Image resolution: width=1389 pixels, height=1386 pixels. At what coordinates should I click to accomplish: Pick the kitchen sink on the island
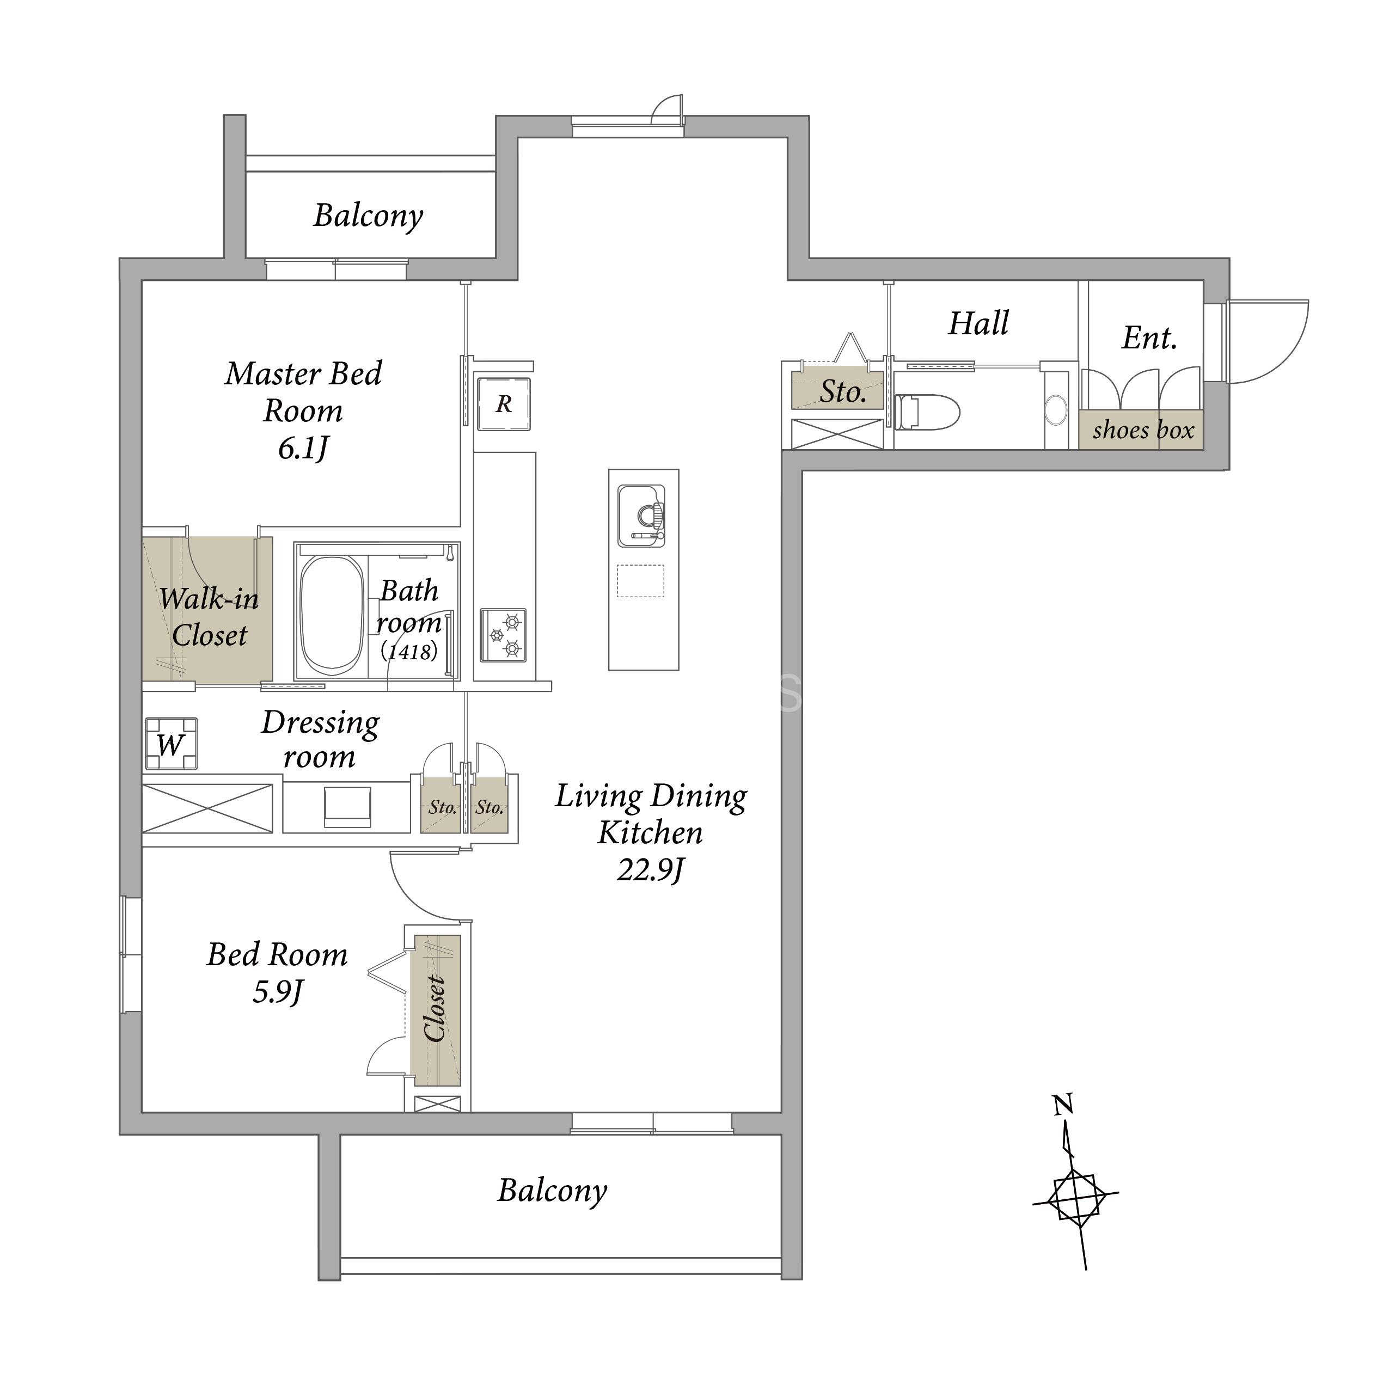(x=642, y=516)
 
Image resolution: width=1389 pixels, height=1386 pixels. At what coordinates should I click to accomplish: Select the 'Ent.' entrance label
(x=1149, y=338)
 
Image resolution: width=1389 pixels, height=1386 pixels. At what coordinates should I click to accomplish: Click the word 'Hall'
(x=979, y=323)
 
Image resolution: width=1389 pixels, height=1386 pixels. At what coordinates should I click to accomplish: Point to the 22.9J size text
(x=651, y=870)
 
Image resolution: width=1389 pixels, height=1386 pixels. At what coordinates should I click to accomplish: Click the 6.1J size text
(x=303, y=449)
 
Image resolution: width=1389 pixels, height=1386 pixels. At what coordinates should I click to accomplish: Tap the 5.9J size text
(x=278, y=993)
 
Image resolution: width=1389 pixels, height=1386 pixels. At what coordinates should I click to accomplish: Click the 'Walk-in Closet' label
(x=209, y=617)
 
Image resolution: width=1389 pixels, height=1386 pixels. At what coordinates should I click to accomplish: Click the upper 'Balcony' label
(x=369, y=216)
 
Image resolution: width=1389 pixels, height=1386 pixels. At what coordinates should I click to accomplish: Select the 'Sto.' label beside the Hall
(x=843, y=392)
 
